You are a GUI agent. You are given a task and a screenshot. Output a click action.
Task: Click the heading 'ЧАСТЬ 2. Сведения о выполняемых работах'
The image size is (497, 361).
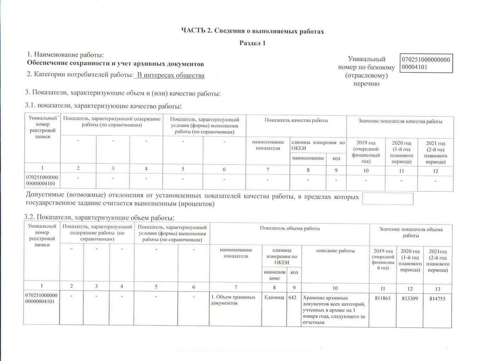[x=252, y=32]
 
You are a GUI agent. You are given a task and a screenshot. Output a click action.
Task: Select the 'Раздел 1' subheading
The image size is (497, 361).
[x=252, y=43]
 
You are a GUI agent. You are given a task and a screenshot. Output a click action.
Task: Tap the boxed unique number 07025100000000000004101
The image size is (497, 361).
[x=426, y=63]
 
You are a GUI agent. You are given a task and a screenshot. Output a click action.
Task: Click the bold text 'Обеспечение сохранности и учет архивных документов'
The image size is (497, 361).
[x=116, y=64]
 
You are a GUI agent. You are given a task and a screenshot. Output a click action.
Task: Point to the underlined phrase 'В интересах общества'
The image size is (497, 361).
[x=171, y=75]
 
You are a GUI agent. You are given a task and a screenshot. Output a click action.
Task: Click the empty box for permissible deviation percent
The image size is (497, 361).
[x=388, y=199]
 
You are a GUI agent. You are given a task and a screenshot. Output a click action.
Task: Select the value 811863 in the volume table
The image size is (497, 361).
[x=382, y=298]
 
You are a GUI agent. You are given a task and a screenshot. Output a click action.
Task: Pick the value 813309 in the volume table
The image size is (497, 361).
[x=410, y=299]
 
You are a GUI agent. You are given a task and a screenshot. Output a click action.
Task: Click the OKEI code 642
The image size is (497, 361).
[x=292, y=298]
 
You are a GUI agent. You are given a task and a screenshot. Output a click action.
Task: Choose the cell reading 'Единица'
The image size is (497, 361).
[x=274, y=298]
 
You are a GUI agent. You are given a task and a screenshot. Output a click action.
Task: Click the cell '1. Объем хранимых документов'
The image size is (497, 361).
[x=233, y=300]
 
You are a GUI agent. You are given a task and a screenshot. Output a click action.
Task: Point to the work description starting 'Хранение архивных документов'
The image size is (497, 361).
[x=334, y=310]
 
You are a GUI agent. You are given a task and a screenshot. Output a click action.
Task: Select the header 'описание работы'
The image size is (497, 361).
[x=335, y=251]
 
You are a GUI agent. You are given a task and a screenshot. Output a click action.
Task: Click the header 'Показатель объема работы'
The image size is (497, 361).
[x=290, y=229]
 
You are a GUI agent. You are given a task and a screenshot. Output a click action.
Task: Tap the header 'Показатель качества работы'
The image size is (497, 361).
[x=296, y=121]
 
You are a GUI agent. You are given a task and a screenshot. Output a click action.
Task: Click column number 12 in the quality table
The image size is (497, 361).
[x=435, y=171]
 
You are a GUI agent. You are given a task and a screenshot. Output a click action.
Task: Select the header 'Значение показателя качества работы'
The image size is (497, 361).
[x=400, y=122]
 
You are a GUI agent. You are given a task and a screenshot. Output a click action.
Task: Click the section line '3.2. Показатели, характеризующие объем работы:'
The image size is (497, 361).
[x=99, y=217]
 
